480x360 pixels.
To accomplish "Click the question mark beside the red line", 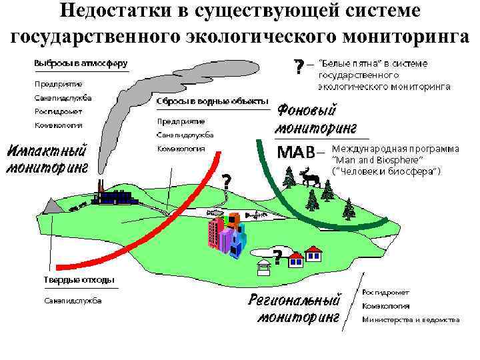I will pos(227,181).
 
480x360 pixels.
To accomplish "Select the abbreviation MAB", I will pos(295,152).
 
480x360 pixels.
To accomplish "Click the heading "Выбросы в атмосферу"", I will pos(81,63).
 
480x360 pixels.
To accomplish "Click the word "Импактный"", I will pos(46,149).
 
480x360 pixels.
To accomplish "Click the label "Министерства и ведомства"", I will pos(411,320).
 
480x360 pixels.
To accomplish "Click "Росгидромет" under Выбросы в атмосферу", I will pos(59,111).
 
